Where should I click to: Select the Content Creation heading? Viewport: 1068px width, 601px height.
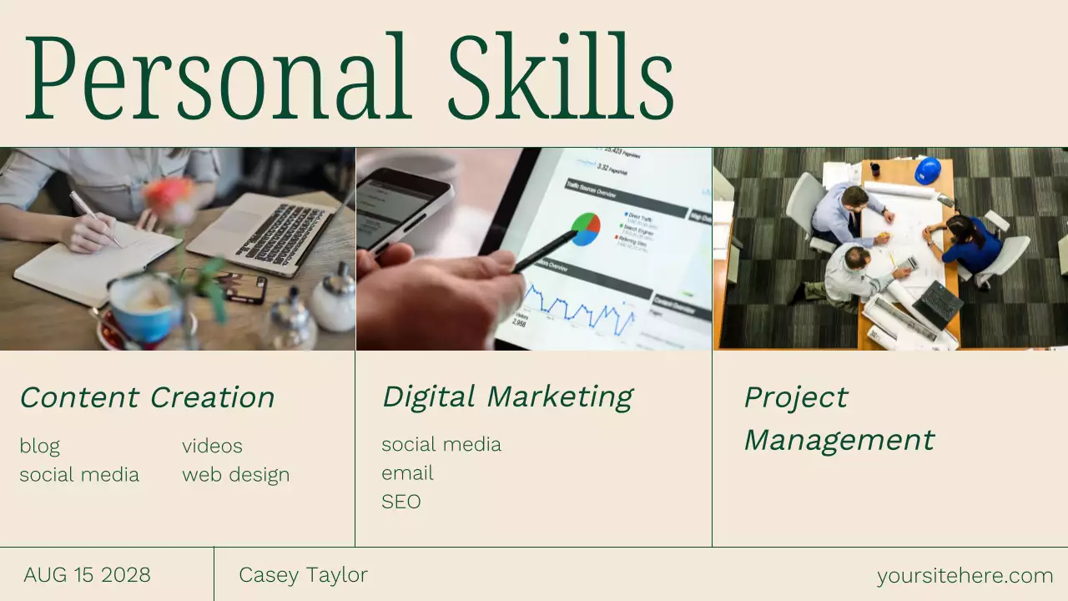147,397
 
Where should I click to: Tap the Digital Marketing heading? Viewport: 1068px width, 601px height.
507,396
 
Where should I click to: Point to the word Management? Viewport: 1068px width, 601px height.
839,440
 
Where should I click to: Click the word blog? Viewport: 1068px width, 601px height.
39,446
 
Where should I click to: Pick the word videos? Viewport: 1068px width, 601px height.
212,446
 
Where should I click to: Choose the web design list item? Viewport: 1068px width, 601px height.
235,475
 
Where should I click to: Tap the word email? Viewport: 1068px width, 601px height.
407,473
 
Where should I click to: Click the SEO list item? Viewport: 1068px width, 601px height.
400,502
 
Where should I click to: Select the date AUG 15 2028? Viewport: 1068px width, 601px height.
87,575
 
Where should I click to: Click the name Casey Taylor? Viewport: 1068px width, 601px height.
303,575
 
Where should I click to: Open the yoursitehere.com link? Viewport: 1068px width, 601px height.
965,576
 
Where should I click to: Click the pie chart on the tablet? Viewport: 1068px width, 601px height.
586,229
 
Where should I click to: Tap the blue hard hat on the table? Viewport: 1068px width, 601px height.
927,170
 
